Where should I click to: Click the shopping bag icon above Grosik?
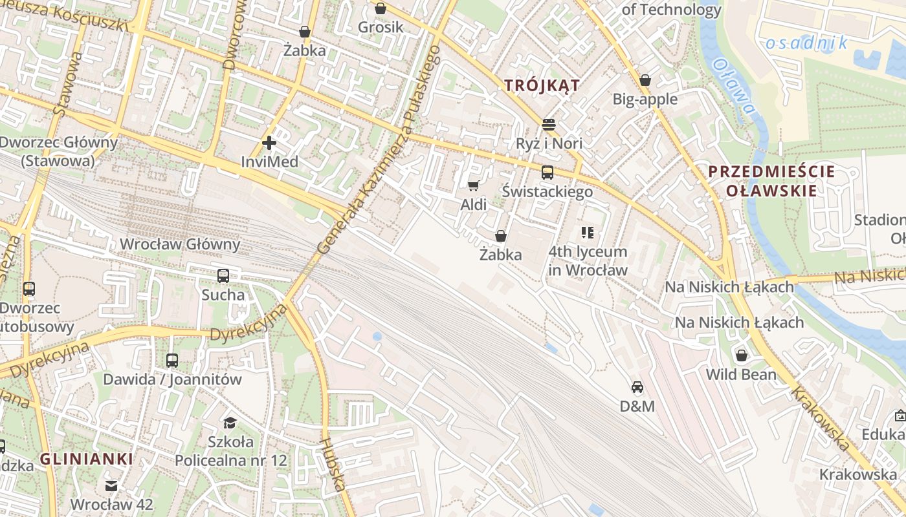[381, 8]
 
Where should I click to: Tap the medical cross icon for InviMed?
[269, 143]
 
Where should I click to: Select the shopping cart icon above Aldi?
[473, 186]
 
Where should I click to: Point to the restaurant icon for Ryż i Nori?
[549, 124]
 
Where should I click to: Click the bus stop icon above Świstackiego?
[547, 173]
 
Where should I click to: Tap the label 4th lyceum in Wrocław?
[588, 260]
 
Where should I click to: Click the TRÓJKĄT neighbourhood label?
[542, 85]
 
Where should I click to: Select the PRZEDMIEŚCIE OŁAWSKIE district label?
[771, 181]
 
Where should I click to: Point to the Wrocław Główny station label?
[181, 244]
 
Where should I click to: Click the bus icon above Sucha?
[223, 276]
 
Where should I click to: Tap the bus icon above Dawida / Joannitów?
[172, 361]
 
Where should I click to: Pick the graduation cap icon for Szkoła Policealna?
[230, 423]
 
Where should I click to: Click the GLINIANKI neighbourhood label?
[87, 459]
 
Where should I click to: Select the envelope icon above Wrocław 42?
[111, 485]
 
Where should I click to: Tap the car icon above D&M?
[637, 387]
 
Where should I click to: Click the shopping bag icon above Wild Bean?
[742, 355]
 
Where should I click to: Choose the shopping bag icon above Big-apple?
[645, 81]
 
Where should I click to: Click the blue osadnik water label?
[806, 43]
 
